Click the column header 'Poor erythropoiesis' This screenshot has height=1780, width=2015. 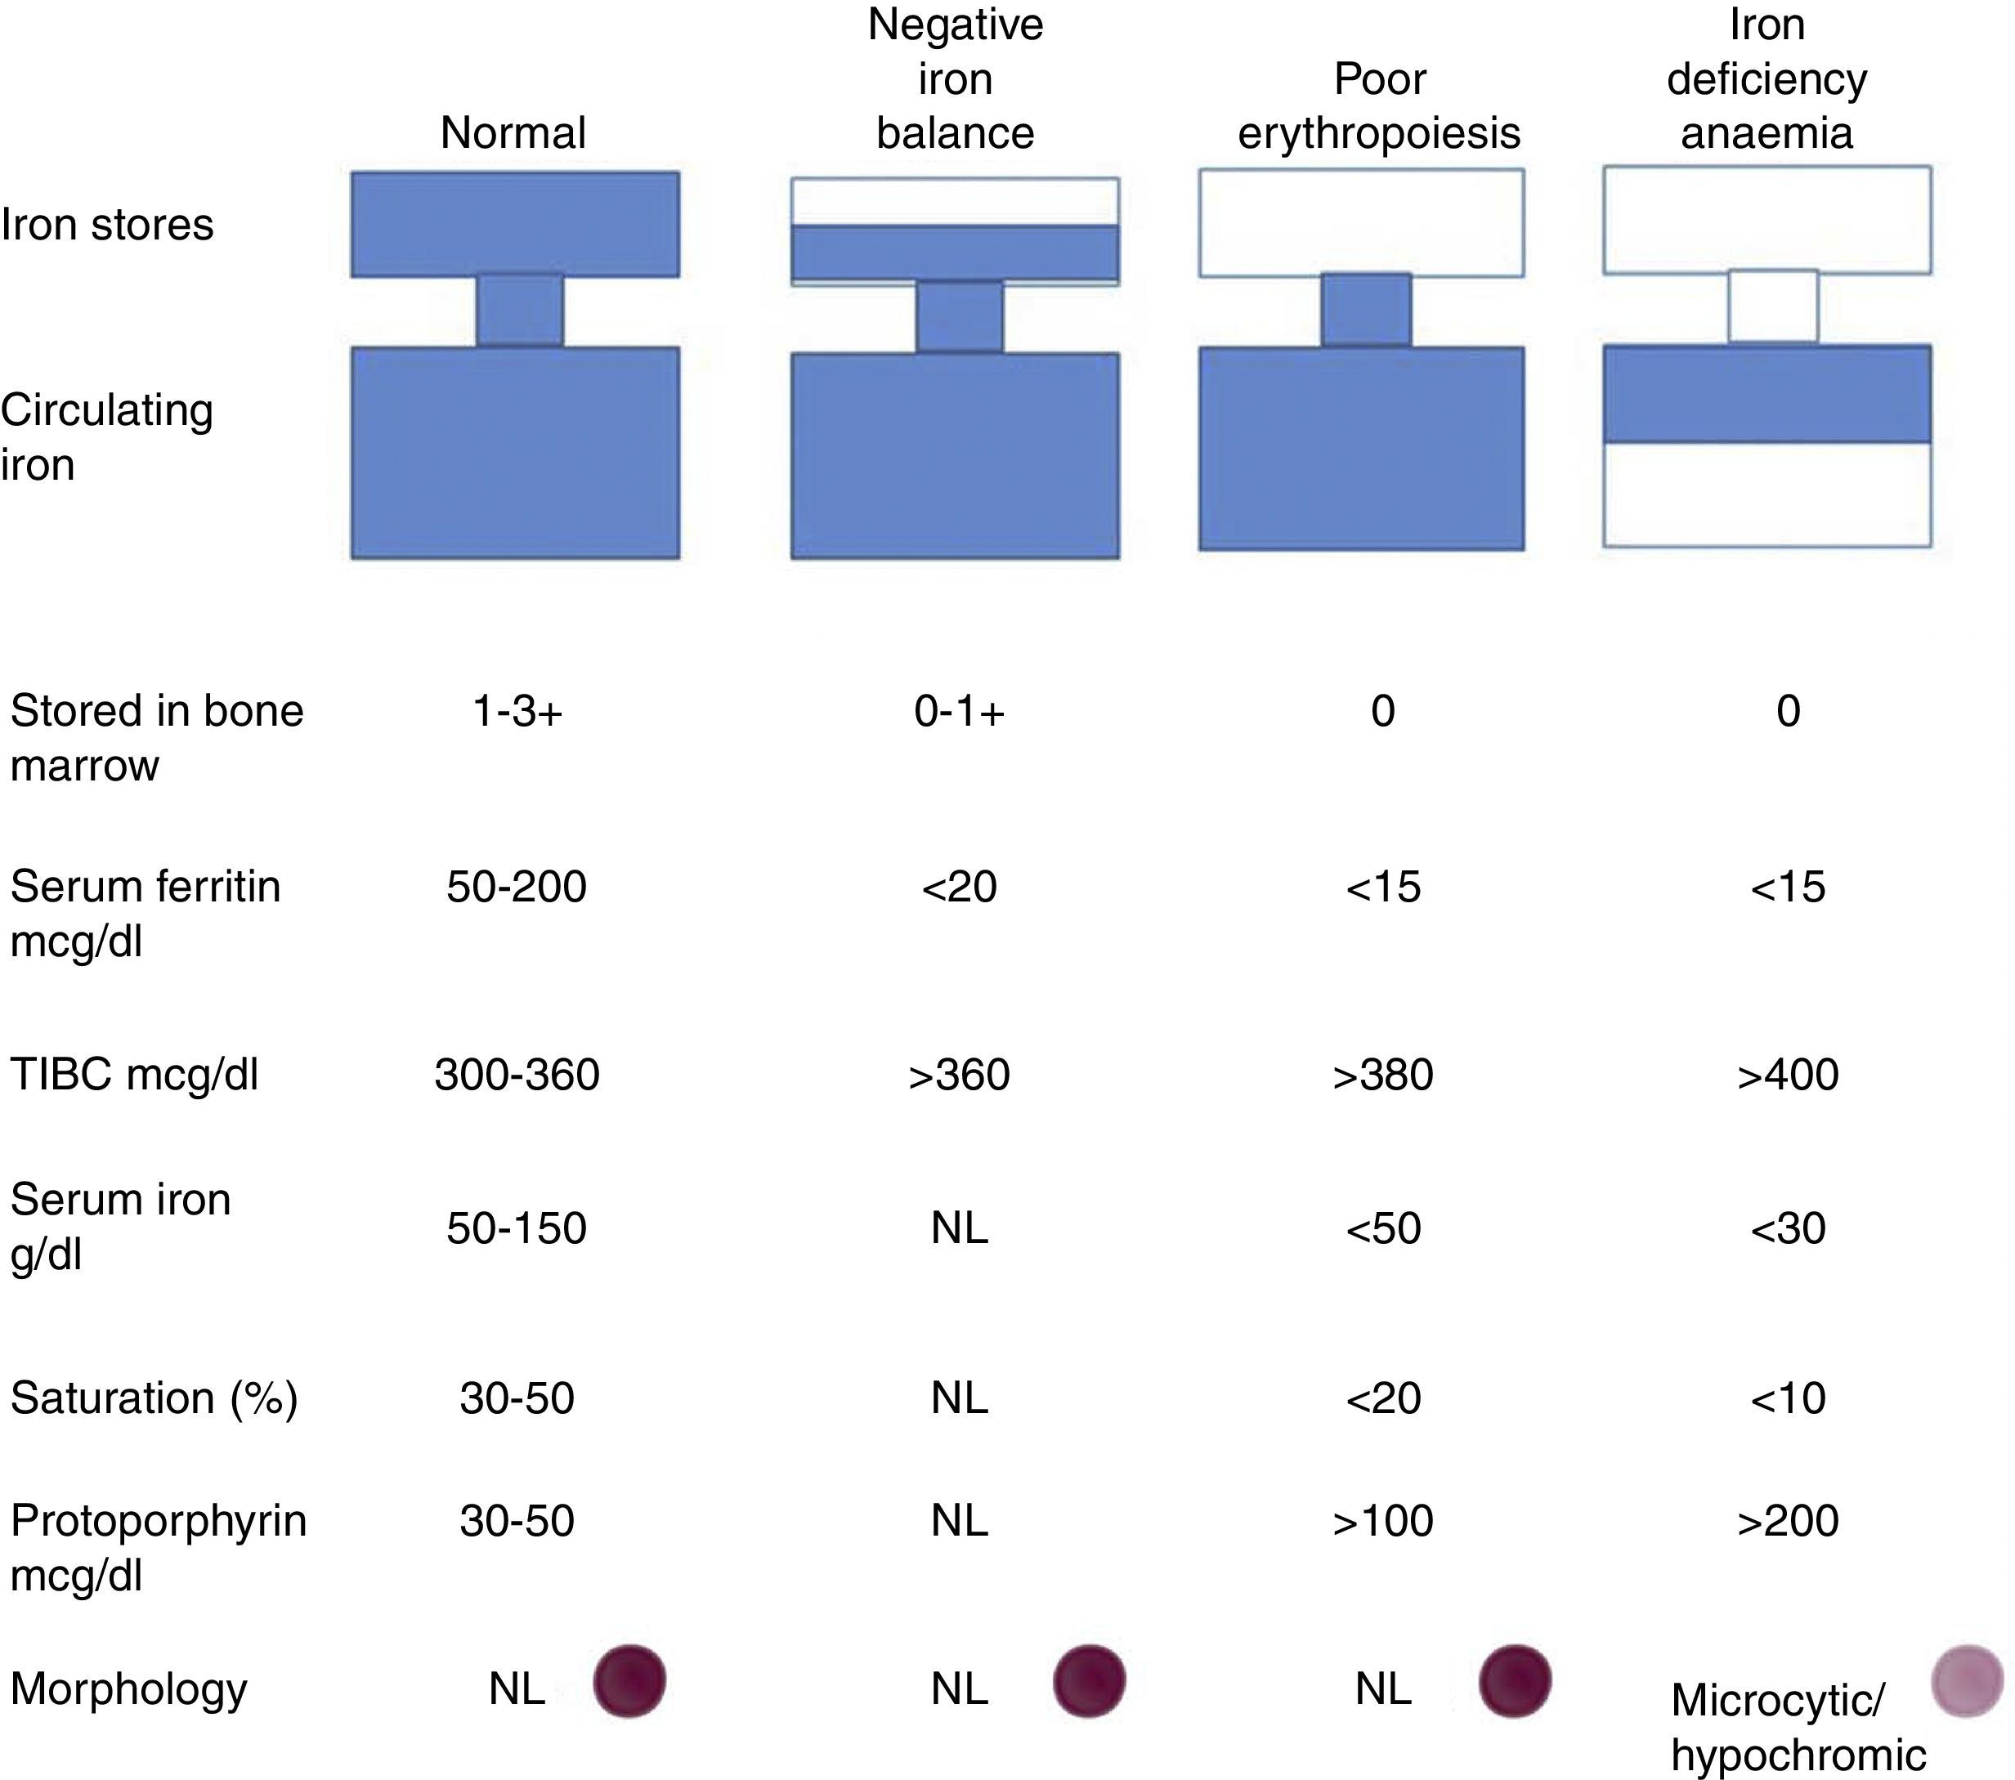[x=1379, y=106]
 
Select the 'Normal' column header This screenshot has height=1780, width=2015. [x=513, y=133]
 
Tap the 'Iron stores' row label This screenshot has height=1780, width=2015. [x=107, y=225]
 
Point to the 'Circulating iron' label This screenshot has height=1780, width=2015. [x=106, y=436]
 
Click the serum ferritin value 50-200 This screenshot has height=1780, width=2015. [x=517, y=887]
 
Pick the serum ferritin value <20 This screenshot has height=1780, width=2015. [x=959, y=887]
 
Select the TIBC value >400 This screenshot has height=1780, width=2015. [x=1787, y=1075]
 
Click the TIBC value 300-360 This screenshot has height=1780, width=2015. [x=517, y=1075]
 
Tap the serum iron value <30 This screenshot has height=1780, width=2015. [x=1787, y=1228]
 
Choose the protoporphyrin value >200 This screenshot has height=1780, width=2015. [x=1787, y=1521]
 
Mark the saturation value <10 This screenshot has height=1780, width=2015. [x=1787, y=1398]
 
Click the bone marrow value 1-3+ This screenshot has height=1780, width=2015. [x=517, y=711]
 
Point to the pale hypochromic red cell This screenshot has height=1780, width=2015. [x=1967, y=1681]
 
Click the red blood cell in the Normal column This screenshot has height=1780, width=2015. [x=629, y=1681]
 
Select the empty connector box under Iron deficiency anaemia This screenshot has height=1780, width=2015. [x=1772, y=306]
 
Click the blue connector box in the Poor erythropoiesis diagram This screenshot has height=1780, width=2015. [x=1365, y=310]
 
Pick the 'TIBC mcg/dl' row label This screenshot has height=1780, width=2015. [x=134, y=1075]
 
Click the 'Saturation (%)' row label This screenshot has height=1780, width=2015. [x=154, y=1398]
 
